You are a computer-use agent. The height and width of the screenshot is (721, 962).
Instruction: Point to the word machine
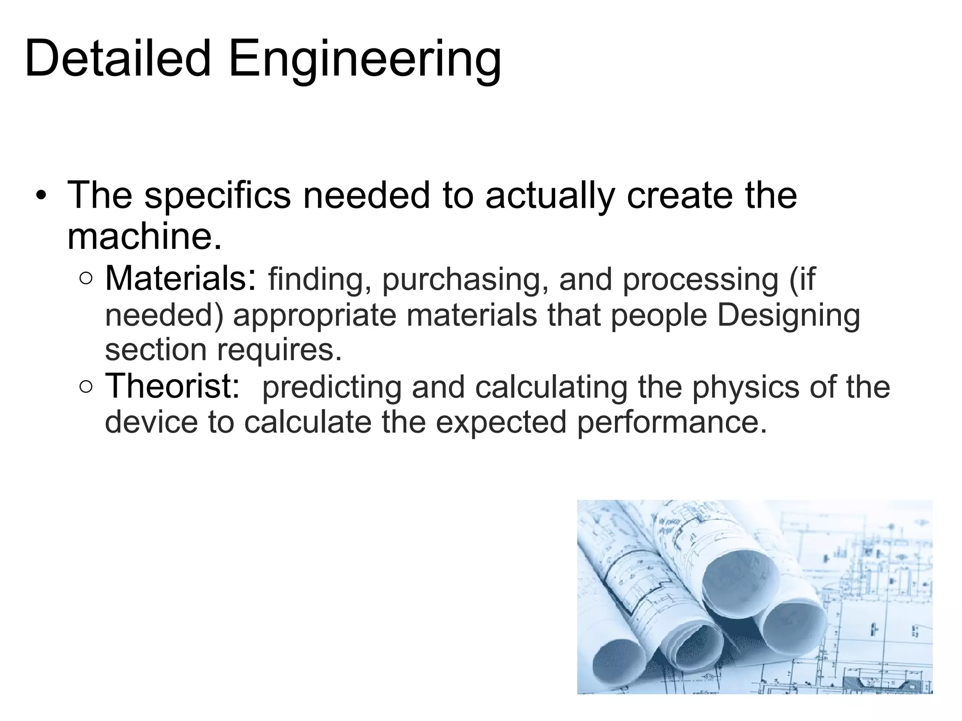144,236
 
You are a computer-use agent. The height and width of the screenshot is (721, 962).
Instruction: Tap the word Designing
789,315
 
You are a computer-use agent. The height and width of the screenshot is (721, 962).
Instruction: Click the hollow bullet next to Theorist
86,387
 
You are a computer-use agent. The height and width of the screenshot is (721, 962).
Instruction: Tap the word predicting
332,388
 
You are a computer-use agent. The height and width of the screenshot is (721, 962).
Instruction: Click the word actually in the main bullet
550,196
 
